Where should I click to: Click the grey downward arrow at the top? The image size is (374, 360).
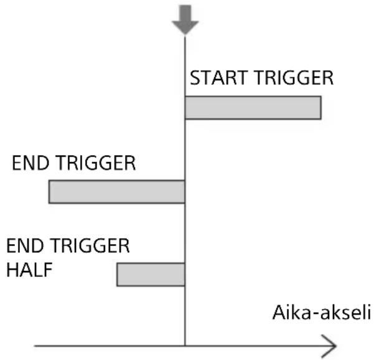(x=185, y=19)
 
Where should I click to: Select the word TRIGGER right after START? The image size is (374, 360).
(x=294, y=78)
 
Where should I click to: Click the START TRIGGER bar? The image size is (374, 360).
(x=253, y=108)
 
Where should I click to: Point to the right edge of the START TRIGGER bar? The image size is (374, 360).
(x=321, y=108)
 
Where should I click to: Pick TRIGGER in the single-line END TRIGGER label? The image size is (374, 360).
(x=96, y=163)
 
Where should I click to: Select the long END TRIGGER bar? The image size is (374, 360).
(x=117, y=192)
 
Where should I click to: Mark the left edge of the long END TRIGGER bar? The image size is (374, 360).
(x=49, y=192)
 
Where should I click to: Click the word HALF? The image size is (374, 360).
(x=30, y=270)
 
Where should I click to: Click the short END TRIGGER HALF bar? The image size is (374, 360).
(x=151, y=274)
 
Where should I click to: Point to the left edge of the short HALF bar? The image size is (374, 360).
(x=117, y=274)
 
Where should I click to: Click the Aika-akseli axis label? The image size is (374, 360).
(x=322, y=312)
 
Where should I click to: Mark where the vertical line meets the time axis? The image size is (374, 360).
(x=185, y=346)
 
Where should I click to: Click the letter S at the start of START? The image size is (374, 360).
(x=195, y=78)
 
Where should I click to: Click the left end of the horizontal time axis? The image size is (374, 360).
(x=34, y=346)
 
